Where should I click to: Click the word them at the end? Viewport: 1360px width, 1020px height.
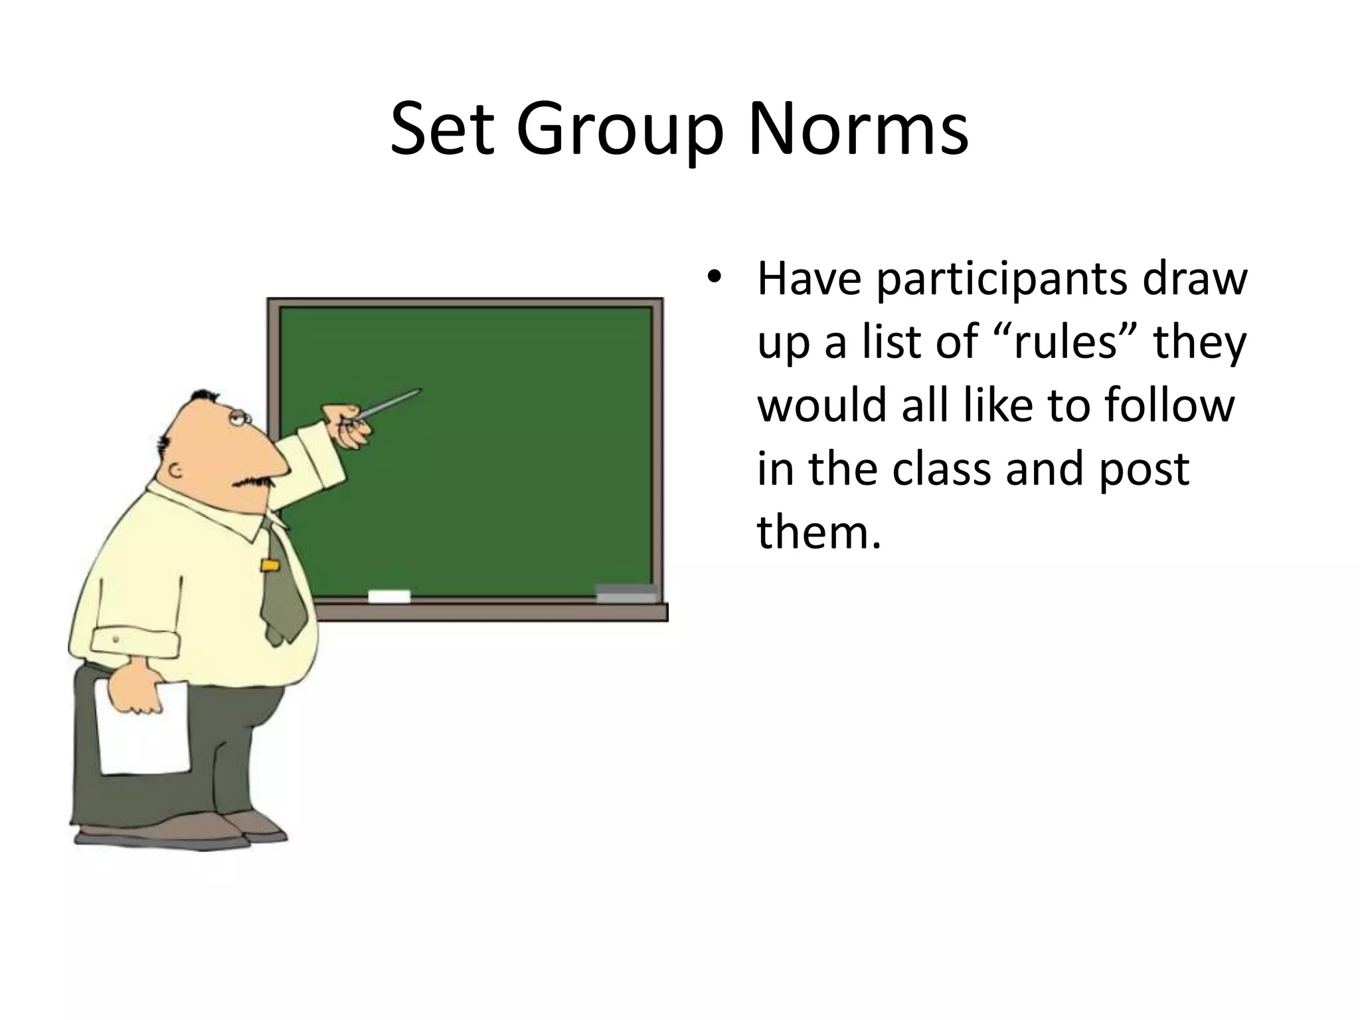click(818, 531)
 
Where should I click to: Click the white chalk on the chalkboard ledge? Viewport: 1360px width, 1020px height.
click(389, 596)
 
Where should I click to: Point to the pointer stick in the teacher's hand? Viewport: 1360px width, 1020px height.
click(392, 404)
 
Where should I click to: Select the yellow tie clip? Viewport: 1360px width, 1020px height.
click(269, 566)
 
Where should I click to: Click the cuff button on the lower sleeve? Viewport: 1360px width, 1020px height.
click(116, 640)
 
